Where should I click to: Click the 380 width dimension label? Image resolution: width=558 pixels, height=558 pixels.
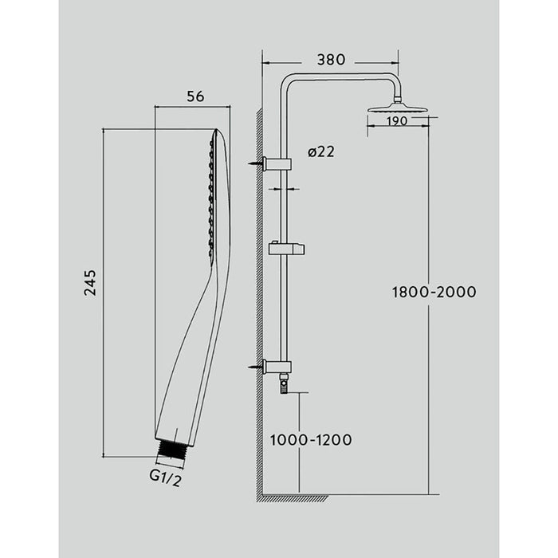click(330, 59)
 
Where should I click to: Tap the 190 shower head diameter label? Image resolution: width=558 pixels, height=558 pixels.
click(400, 121)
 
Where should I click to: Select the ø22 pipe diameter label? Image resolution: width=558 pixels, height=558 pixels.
click(320, 152)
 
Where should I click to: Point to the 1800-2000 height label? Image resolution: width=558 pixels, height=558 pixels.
click(434, 292)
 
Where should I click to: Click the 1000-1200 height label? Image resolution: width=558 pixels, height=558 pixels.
click(310, 439)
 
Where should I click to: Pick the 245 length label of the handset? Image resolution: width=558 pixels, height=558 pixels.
click(90, 284)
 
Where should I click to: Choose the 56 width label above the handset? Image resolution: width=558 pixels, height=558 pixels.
click(195, 96)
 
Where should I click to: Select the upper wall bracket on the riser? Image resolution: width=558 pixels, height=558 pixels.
click(279, 164)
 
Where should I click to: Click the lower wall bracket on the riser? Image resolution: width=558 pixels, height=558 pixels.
click(279, 367)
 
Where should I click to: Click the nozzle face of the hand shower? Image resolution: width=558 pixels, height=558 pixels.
click(212, 195)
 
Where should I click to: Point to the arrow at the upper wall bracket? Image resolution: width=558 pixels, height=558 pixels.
click(256, 164)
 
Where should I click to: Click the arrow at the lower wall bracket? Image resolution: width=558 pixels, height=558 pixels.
click(256, 367)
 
